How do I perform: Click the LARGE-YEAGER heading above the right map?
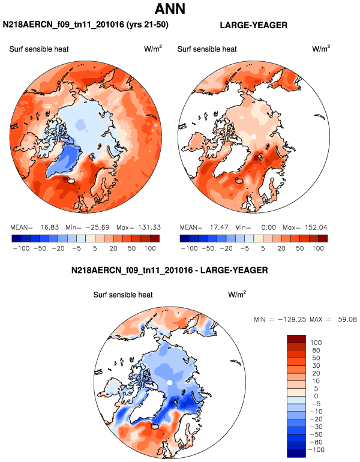[x=254, y=25]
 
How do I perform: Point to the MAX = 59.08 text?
[x=334, y=319]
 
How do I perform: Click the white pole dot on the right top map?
[x=254, y=137]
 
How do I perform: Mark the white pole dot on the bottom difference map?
[x=170, y=382]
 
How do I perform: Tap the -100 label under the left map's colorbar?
[x=20, y=247]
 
